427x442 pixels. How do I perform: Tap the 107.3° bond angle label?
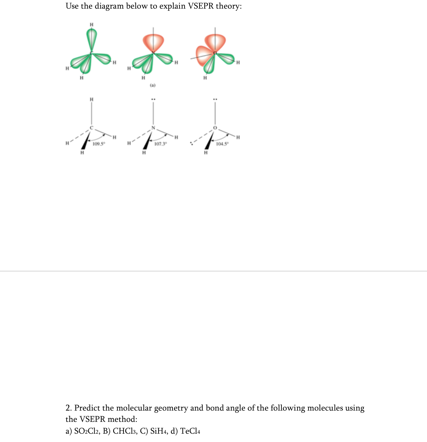161,144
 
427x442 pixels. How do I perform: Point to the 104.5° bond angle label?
222,144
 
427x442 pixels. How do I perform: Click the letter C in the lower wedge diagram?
91,128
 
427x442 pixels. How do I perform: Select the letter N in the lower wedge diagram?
153,128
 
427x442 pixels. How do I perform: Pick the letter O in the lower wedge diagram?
215,128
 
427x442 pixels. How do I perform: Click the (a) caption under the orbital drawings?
152,85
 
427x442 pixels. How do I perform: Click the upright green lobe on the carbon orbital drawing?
91,36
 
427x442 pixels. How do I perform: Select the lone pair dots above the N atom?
153,99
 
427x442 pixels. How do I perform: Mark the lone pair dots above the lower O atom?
215,99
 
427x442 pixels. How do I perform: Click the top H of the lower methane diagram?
91,99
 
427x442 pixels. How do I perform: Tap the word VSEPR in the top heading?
201,6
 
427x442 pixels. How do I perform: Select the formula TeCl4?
190,431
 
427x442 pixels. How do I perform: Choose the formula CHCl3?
124,431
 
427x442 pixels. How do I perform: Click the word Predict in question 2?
87,408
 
